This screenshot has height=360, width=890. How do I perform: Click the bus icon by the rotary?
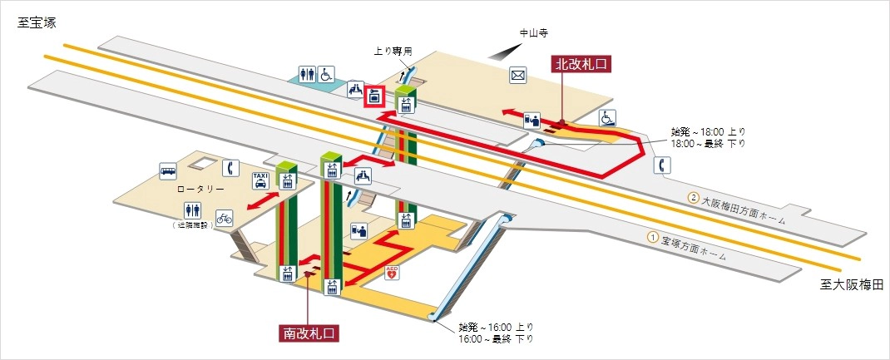tap(168, 171)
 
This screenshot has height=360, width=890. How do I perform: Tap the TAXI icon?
tap(260, 180)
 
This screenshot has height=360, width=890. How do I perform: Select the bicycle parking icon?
tap(224, 218)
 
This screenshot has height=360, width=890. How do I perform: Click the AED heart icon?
tap(393, 272)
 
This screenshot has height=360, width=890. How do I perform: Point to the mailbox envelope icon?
tap(518, 76)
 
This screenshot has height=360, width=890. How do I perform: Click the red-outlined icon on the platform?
tap(375, 96)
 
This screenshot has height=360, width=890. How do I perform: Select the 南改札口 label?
tap(309, 333)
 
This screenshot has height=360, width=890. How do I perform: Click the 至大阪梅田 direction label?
tap(847, 285)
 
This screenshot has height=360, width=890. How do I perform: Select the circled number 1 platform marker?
tap(654, 237)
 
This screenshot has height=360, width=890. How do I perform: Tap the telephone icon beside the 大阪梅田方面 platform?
tap(663, 165)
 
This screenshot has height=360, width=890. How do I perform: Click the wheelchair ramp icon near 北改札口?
tap(608, 118)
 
